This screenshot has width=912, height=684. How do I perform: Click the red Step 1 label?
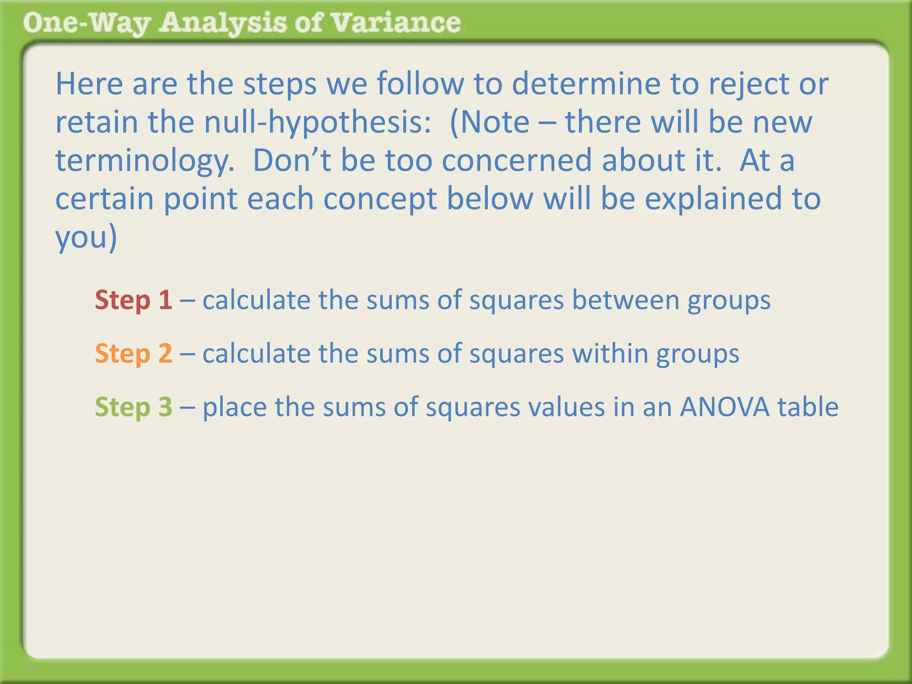(x=133, y=300)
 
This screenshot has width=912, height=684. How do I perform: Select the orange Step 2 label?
(x=133, y=353)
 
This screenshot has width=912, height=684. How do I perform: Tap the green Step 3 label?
(x=133, y=407)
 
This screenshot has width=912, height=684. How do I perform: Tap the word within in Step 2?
(x=610, y=353)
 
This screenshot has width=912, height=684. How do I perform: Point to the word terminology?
(x=145, y=161)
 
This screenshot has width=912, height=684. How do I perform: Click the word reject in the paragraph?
(x=749, y=84)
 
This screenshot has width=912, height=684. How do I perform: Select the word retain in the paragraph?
(x=96, y=122)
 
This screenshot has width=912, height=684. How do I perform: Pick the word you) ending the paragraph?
(x=86, y=237)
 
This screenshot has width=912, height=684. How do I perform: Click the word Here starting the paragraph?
(x=89, y=84)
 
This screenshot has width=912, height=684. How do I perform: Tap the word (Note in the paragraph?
(x=490, y=122)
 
